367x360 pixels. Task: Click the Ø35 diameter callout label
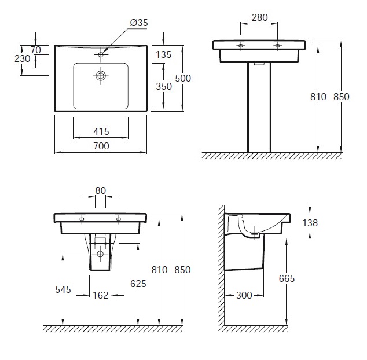(139, 23)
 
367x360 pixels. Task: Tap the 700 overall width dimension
(101, 146)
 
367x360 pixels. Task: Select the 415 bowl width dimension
(101, 131)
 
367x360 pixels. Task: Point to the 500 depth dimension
(183, 78)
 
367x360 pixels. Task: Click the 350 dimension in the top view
(164, 86)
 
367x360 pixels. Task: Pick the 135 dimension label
(164, 54)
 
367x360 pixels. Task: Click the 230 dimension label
(23, 58)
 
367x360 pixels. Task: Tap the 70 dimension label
(35, 50)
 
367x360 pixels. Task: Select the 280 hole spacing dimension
(260, 17)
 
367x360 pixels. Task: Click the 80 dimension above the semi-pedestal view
(100, 190)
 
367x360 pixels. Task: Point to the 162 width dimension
(100, 295)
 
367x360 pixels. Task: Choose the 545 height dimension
(63, 289)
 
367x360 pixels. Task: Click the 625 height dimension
(138, 284)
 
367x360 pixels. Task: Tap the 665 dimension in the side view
(287, 278)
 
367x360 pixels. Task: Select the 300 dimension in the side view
(244, 295)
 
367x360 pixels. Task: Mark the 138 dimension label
(310, 223)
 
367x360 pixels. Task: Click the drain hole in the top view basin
(101, 76)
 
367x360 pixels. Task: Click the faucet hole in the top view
(101, 55)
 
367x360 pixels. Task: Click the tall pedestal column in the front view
(259, 108)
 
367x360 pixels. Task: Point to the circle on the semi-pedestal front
(100, 254)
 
